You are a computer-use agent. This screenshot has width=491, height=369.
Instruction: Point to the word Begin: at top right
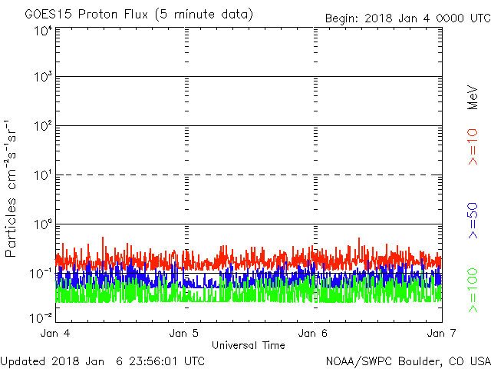tap(343, 18)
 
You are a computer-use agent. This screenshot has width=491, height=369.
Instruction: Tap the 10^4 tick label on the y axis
tap(43, 31)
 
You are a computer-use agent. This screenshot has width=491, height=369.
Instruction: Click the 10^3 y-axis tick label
tap(43, 77)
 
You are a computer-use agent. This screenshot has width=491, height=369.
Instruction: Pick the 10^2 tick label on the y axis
tap(43, 126)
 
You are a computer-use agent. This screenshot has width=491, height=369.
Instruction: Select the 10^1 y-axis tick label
tap(43, 175)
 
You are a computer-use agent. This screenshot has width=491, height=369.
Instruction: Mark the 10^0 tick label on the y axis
tap(43, 224)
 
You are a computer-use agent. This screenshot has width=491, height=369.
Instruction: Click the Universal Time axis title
tap(249, 345)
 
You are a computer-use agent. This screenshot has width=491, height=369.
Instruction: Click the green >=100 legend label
tap(473, 289)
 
